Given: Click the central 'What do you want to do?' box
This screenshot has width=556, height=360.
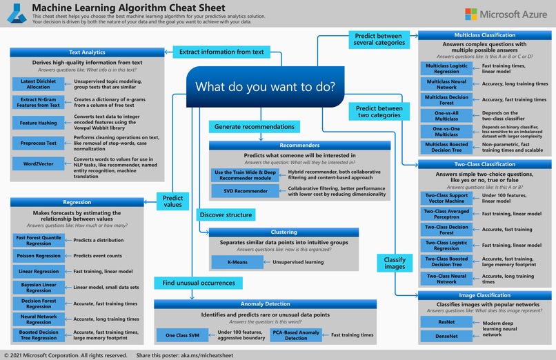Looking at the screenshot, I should point(265,88).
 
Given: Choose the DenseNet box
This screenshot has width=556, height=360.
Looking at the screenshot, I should point(446,337).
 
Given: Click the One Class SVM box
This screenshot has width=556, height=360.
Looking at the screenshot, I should point(177,335).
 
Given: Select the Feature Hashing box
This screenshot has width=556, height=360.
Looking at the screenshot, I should point(39,123).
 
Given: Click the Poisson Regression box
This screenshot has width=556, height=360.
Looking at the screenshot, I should point(39,255).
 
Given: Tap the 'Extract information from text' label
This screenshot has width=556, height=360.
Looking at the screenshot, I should point(221,52).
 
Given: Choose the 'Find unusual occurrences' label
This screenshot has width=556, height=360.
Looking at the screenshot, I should point(198,283).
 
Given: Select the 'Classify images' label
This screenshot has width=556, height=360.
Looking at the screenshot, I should point(395,263).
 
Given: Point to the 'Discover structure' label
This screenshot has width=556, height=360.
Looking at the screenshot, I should point(225,214).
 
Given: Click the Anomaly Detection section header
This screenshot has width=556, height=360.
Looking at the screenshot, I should point(266,303).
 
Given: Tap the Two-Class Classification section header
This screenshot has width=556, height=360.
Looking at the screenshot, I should point(484,164).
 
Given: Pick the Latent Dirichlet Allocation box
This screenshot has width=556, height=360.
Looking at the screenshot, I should point(39,83).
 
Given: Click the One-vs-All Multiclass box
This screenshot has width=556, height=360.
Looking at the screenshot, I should point(446,116).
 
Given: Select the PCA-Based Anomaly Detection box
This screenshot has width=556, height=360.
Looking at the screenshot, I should point(296,335).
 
